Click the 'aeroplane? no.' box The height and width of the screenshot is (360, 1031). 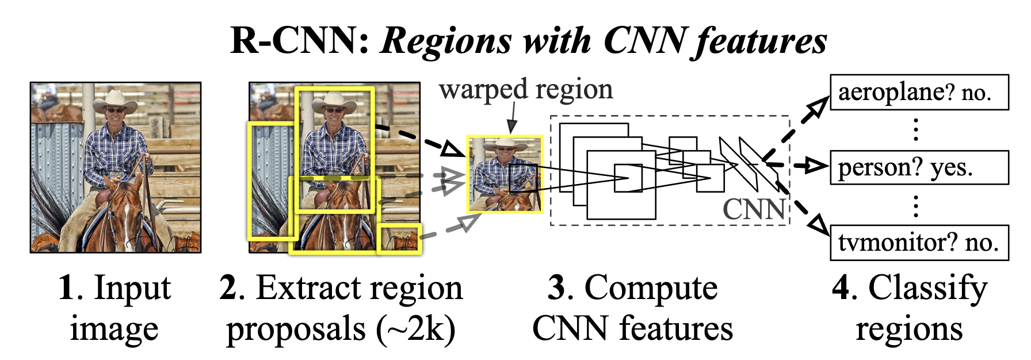click(x=919, y=92)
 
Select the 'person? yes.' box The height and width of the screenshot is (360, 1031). click(x=919, y=167)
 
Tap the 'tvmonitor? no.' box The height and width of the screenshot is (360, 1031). click(x=919, y=243)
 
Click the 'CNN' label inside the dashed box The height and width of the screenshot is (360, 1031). click(x=754, y=209)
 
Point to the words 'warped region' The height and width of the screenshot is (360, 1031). click(x=525, y=90)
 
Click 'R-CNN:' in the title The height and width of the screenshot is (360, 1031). click(x=300, y=41)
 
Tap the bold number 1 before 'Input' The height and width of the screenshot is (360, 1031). click(x=67, y=288)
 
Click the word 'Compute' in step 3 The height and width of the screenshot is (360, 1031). click(x=651, y=288)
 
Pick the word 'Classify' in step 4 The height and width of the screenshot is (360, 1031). click(x=927, y=288)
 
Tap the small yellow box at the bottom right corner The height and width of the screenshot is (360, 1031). click(x=399, y=239)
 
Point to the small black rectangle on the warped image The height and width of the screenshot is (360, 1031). click(x=523, y=177)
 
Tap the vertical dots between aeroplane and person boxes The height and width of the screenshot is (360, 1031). click(x=915, y=130)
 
